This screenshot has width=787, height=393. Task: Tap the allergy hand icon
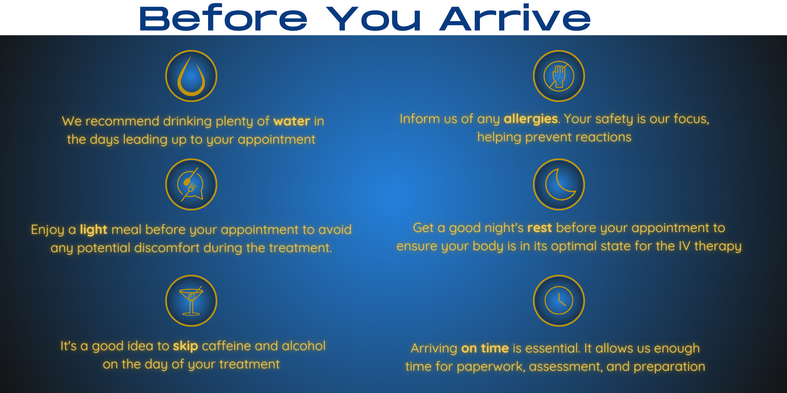click(x=559, y=76)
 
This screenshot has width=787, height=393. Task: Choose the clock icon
click(x=559, y=300)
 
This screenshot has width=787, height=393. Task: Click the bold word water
click(x=292, y=121)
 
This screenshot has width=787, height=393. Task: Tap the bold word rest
click(x=540, y=228)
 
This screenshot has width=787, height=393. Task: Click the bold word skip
click(x=185, y=346)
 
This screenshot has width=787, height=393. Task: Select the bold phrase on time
click(x=485, y=348)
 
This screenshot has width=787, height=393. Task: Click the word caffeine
click(x=226, y=346)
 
